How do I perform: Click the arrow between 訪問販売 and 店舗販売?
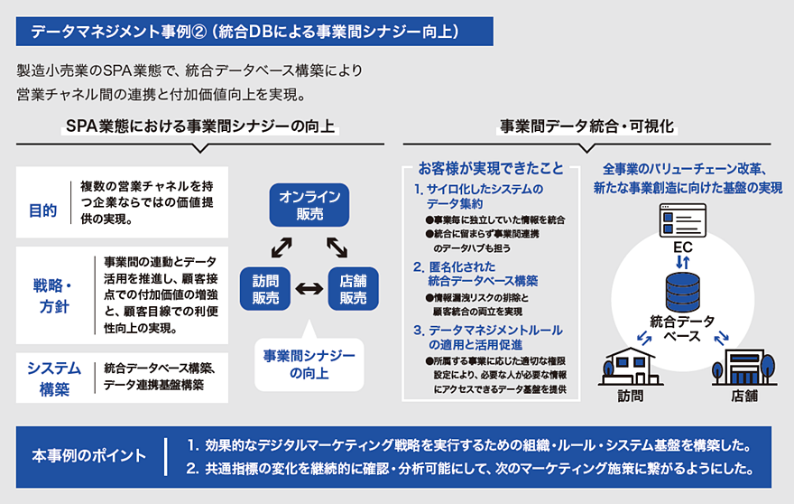tap(307, 289)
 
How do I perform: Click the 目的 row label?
tap(42, 210)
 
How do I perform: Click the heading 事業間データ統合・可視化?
tap(587, 127)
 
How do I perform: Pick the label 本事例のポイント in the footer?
tap(88, 454)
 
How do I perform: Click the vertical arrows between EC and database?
tap(684, 258)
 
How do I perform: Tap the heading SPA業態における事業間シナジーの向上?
tap(201, 127)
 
